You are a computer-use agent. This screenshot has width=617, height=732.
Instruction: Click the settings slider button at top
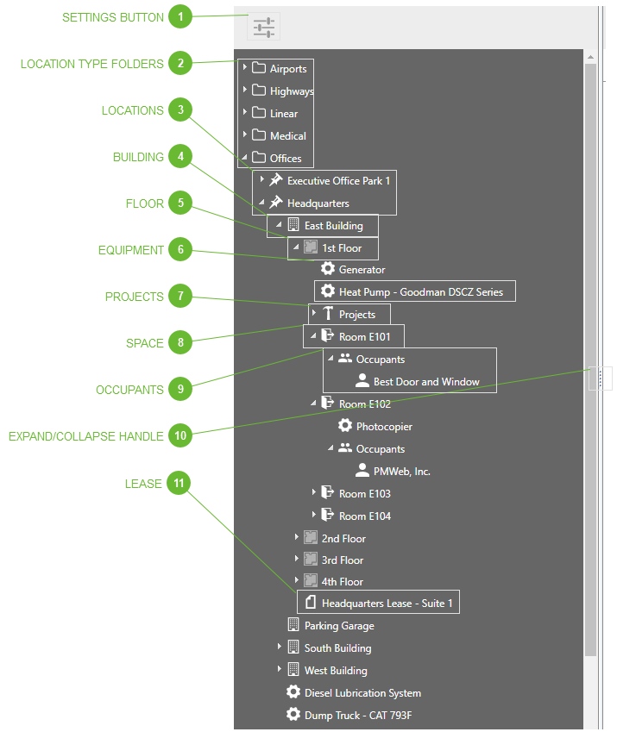click(263, 27)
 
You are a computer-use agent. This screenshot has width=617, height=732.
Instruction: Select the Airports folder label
click(287, 69)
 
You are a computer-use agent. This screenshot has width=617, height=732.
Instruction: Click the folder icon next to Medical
click(258, 135)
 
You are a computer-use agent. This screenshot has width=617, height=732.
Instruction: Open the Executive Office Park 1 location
click(338, 181)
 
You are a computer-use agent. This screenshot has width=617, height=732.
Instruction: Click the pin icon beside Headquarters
click(275, 203)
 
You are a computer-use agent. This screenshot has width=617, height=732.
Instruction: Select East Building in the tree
click(333, 226)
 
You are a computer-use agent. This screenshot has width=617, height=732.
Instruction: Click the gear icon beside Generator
click(328, 270)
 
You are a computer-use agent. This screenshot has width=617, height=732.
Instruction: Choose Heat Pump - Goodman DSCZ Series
click(420, 292)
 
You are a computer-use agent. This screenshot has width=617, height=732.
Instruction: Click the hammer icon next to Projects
click(328, 314)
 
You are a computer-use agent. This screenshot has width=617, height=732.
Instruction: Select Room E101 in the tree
click(364, 337)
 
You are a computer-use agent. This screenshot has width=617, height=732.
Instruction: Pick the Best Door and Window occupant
click(426, 382)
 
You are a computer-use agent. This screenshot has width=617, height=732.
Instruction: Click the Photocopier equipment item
click(384, 427)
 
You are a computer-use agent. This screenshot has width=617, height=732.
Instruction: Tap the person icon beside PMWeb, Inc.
click(362, 471)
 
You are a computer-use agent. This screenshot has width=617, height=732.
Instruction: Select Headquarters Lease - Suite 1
click(387, 604)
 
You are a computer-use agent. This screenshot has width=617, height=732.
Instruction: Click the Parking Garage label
click(339, 626)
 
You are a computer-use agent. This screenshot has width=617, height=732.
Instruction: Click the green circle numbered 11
click(179, 484)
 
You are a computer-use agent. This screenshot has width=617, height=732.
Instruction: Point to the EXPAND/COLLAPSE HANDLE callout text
click(85, 436)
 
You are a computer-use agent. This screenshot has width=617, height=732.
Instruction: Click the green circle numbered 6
click(179, 250)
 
